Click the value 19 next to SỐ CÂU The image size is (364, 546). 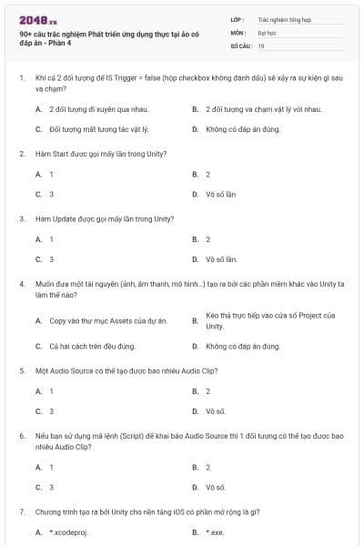[x=261, y=45]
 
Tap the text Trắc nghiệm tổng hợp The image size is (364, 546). [x=283, y=18]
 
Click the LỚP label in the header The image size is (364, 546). [x=238, y=18]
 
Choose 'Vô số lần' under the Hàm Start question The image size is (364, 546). [x=221, y=194]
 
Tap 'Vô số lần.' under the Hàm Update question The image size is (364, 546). [x=222, y=258]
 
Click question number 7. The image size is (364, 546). [x=21, y=512]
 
